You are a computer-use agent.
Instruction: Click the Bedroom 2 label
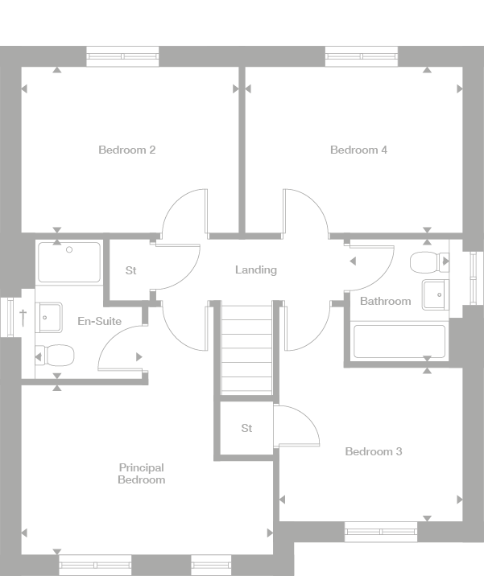pyautogui.click(x=126, y=150)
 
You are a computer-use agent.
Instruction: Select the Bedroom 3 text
pyautogui.click(x=373, y=451)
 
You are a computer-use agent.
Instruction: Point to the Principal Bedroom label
pyautogui.click(x=141, y=474)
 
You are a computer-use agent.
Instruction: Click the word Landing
pyautogui.click(x=255, y=269)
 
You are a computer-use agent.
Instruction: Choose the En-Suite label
pyautogui.click(x=99, y=321)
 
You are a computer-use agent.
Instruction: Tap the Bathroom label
pyautogui.click(x=385, y=301)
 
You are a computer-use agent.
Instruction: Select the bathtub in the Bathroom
pyautogui.click(x=399, y=341)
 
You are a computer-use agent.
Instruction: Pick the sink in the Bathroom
pyautogui.click(x=436, y=295)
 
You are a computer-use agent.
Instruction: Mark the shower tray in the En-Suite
pyautogui.click(x=69, y=262)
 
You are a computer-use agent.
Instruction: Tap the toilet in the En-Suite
pyautogui.click(x=55, y=354)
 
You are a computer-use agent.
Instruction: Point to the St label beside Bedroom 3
pyautogui.click(x=246, y=428)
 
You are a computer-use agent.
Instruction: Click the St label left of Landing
pyautogui.click(x=130, y=270)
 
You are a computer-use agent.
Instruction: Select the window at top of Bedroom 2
pyautogui.click(x=122, y=56)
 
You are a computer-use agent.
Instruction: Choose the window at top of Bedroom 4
pyautogui.click(x=362, y=56)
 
